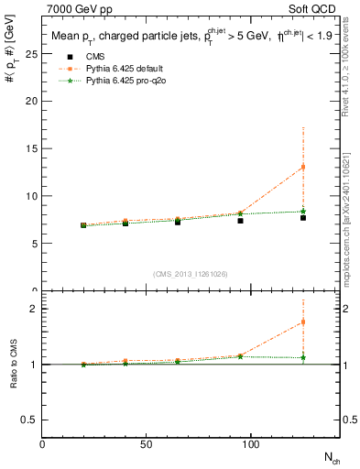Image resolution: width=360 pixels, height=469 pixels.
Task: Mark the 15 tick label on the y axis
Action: click(35, 148)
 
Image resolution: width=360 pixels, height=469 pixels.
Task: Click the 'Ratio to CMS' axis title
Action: click(13, 364)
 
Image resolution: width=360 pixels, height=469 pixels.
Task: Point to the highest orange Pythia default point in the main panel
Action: click(303, 167)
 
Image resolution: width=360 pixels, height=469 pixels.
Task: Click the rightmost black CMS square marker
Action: click(303, 217)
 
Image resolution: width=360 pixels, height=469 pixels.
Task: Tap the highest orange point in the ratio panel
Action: click(303, 322)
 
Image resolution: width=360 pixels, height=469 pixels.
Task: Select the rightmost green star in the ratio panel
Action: click(303, 357)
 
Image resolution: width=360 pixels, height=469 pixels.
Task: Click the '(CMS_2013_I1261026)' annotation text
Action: click(191, 273)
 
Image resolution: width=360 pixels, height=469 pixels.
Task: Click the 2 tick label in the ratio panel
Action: click(34, 309)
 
